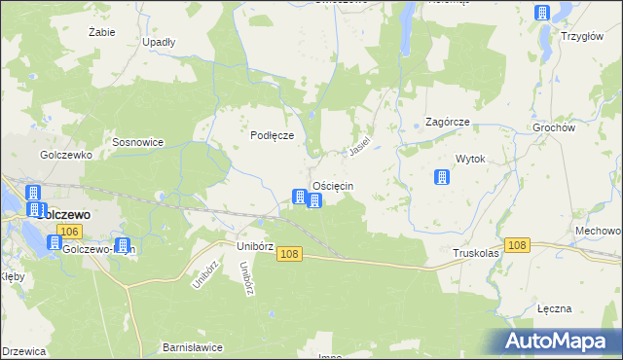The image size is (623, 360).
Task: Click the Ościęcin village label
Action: pos(332,186)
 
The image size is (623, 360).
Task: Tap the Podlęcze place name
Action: pos(273,136)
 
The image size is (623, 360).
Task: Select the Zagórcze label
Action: pos(448,123)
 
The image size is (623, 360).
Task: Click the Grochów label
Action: pos(581,127)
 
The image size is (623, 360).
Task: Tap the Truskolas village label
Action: pos(476,253)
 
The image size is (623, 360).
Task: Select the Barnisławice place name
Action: pos(193,347)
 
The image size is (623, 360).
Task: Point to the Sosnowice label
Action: pos(138,142)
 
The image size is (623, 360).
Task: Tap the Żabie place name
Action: pos(101,32)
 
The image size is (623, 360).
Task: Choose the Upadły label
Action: pos(159,43)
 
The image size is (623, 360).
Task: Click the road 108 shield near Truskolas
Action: pos(517,245)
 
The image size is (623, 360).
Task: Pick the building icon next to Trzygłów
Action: pos(542,13)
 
